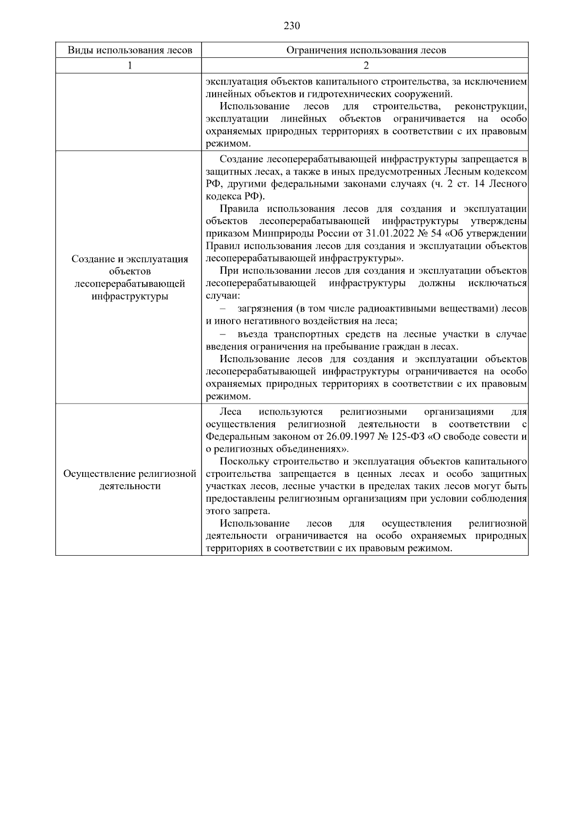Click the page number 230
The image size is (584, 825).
(x=292, y=26)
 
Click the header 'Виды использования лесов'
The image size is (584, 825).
(x=129, y=51)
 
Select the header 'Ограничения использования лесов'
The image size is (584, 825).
(x=365, y=51)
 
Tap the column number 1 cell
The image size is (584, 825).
(x=129, y=66)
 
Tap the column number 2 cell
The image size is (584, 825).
(x=365, y=66)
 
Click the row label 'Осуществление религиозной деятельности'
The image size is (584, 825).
(x=129, y=480)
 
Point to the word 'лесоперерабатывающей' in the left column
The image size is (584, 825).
(x=129, y=283)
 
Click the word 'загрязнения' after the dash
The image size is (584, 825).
(x=264, y=309)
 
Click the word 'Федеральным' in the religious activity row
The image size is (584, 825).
(x=236, y=437)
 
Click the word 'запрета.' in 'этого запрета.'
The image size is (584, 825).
(x=248, y=511)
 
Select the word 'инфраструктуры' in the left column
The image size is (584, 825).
(x=129, y=296)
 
